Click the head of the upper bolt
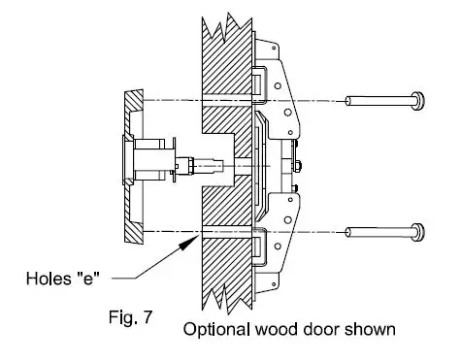click(417, 101)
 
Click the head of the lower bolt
click(417, 232)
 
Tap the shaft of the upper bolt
click(378, 101)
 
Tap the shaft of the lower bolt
click(378, 232)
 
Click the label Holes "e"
click(63, 279)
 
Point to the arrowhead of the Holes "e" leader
click(188, 242)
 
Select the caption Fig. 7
click(130, 317)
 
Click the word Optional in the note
click(216, 330)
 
